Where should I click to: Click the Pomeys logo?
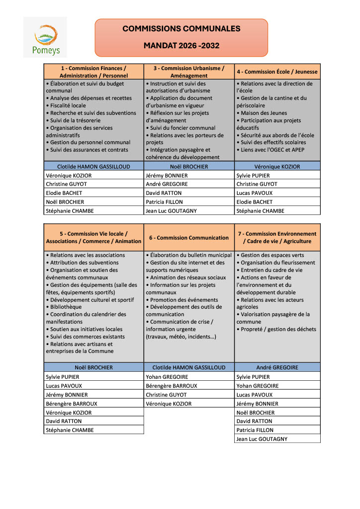click(45, 37)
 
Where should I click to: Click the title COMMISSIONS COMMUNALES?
click(181, 29)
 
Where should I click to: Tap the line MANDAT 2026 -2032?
click(181, 46)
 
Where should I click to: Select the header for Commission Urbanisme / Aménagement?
click(189, 72)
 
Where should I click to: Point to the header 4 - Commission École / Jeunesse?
click(277, 72)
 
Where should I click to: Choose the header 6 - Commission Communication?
click(189, 238)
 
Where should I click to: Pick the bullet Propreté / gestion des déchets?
click(278, 329)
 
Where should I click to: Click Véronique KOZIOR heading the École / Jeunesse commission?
click(277, 167)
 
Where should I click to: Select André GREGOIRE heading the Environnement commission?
click(277, 367)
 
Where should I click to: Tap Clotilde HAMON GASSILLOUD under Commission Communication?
click(189, 367)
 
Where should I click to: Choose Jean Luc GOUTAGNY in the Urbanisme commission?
click(171, 211)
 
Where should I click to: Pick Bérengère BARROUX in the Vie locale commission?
click(72, 404)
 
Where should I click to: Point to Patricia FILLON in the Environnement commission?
click(255, 430)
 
